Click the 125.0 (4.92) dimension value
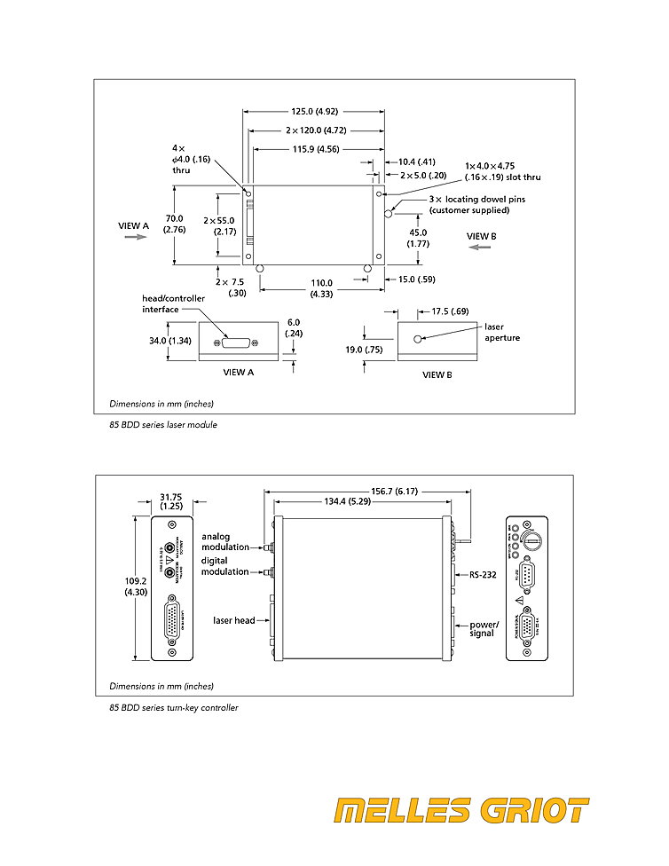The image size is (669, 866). click(314, 112)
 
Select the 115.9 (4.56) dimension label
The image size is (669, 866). click(316, 149)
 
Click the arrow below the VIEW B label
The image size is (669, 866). click(480, 248)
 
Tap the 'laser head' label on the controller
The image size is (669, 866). click(234, 620)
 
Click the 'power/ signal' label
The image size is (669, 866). click(484, 629)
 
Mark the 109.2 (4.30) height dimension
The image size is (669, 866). click(135, 586)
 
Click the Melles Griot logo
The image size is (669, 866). click(461, 811)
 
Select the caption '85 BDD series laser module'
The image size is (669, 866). click(163, 425)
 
